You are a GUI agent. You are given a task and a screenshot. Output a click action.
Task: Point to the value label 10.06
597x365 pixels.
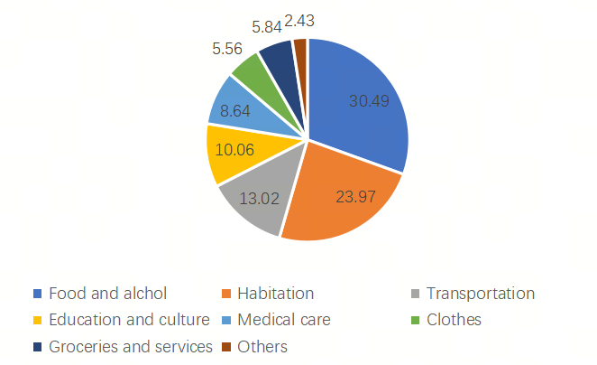click(233, 149)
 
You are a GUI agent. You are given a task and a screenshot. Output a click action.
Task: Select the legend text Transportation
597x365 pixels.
click(481, 294)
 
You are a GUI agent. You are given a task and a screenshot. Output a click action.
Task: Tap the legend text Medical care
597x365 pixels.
click(284, 320)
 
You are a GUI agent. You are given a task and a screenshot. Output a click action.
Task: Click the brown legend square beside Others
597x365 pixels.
click(225, 347)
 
